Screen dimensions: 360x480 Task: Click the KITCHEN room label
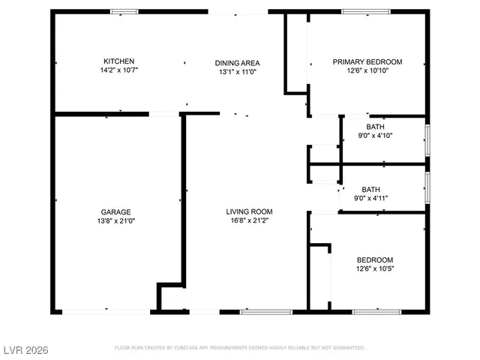118,61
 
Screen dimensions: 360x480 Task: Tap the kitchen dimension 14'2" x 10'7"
118,70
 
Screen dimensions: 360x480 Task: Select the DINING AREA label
237,63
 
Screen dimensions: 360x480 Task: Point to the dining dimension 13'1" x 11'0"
237,72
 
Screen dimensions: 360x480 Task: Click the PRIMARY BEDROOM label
367,62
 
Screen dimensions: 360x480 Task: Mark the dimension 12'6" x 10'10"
367,71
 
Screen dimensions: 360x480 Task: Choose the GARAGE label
117,212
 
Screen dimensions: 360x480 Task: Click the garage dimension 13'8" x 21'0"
117,221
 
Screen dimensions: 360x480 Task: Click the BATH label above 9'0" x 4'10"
375,127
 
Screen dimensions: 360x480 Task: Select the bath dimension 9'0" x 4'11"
370,199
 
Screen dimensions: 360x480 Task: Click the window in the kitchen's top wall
124,11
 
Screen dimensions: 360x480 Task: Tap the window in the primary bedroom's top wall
363,11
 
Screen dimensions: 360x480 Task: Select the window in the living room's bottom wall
256,310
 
